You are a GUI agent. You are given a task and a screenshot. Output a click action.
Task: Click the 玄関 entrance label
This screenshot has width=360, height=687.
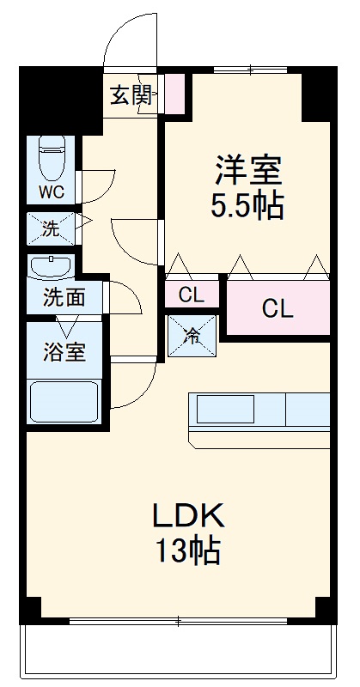(131, 94)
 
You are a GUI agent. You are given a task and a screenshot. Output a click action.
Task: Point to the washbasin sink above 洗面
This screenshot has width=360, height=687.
(52, 268)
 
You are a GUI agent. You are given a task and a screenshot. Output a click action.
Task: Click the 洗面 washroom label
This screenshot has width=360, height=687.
(64, 299)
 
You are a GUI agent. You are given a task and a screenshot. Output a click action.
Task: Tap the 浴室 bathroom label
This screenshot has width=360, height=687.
(64, 351)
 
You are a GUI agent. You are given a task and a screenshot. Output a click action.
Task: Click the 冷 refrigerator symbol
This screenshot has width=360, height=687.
(192, 333)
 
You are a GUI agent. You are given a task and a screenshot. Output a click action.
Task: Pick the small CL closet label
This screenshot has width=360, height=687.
(192, 295)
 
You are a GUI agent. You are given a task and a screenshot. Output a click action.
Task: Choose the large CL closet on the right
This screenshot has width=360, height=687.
(278, 307)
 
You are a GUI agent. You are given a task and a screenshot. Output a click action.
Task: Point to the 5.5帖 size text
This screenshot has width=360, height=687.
(247, 207)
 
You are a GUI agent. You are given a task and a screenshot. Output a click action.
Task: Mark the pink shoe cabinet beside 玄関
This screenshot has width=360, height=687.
(174, 94)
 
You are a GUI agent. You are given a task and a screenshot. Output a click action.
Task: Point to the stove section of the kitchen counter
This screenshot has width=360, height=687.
(306, 410)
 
